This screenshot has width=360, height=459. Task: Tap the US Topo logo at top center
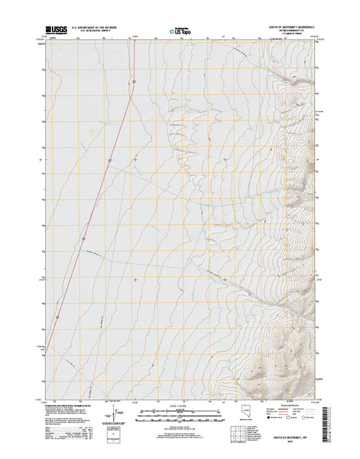point(181,33)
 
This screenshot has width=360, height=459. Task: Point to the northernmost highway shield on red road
point(133,81)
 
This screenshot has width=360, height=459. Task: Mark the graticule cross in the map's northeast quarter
point(225,158)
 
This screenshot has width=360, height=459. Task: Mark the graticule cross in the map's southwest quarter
point(135,279)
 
